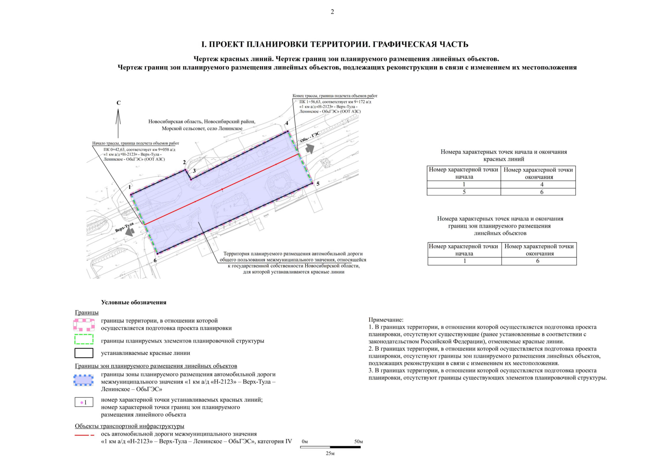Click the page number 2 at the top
click(332, 12)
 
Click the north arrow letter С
click(119, 103)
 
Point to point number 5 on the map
click(318, 184)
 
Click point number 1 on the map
click(130, 187)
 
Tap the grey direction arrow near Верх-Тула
click(130, 231)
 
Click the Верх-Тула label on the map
click(124, 228)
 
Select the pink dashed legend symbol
click(84, 325)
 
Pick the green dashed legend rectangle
click(84, 339)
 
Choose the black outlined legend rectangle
click(84, 353)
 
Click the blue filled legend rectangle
click(84, 380)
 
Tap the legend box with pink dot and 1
click(84, 402)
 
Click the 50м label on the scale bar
click(358, 442)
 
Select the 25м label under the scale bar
click(330, 453)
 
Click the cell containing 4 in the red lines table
click(541, 184)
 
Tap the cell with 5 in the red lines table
click(464, 192)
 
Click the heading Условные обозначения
click(134, 302)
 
